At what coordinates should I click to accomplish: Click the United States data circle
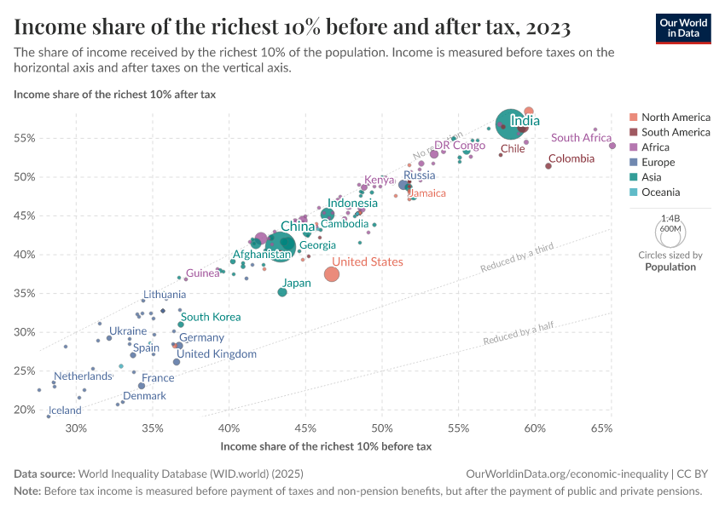pyautogui.click(x=332, y=273)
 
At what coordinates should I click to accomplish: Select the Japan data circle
pyautogui.click(x=282, y=292)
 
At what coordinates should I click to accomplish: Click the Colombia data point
pyautogui.click(x=548, y=166)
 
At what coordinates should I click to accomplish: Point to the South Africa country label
pyautogui.click(x=581, y=138)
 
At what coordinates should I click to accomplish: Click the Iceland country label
pyautogui.click(x=65, y=411)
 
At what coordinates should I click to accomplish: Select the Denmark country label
pyautogui.click(x=144, y=396)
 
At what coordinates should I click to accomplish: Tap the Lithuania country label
pyautogui.click(x=164, y=294)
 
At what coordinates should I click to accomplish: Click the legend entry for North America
pyautogui.click(x=676, y=117)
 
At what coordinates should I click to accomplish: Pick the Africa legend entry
pyautogui.click(x=655, y=147)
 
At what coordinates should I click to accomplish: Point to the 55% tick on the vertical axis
pyautogui.click(x=24, y=138)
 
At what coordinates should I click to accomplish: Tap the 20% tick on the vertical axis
pyautogui.click(x=24, y=410)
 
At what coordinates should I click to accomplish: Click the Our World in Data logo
pyautogui.click(x=683, y=27)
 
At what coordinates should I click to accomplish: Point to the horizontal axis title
pyautogui.click(x=326, y=446)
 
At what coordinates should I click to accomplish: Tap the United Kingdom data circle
pyautogui.click(x=177, y=362)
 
